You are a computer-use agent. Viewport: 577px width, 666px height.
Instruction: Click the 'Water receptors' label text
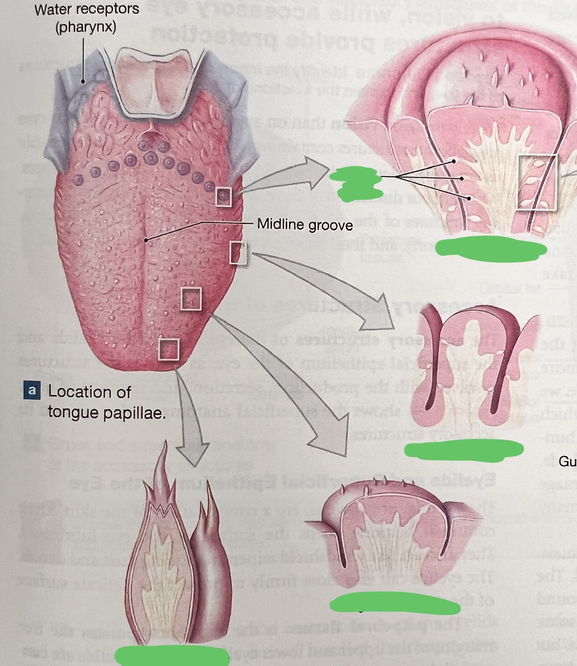pos(87,10)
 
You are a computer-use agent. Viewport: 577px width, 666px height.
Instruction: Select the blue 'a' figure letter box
pos(32,390)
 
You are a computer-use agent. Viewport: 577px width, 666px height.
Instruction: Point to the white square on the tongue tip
pos(168,349)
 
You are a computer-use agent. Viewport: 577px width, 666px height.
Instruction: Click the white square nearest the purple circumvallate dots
pos(223,197)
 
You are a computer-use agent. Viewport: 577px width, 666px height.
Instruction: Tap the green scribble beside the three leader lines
pos(356,185)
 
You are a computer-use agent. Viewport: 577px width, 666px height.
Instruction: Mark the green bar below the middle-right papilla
pos(464,449)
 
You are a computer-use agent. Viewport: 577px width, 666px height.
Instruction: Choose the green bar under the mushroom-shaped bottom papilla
pos(394,603)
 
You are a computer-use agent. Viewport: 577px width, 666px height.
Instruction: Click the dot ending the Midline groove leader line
pos(146,240)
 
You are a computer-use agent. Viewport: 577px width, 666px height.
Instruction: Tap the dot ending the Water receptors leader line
pos(83,81)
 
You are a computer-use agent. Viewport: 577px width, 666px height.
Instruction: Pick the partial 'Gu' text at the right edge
pos(568,462)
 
